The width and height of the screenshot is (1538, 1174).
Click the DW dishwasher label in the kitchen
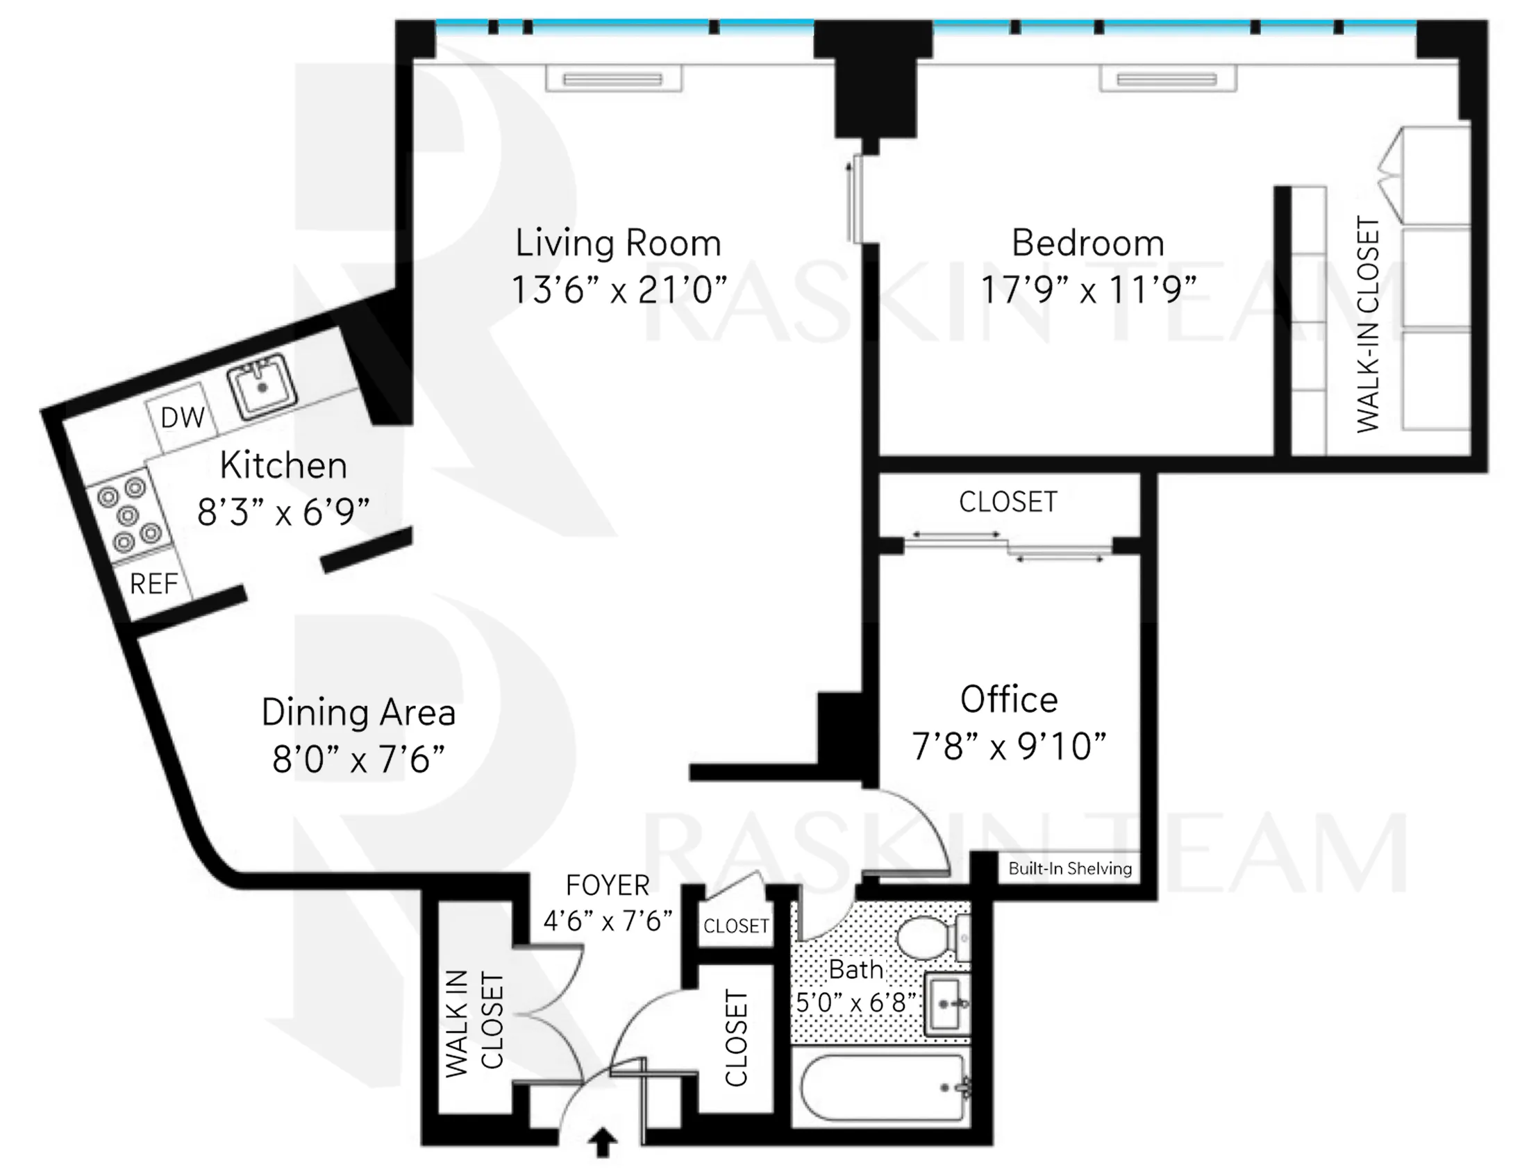point(183,418)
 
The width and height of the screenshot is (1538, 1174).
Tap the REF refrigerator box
point(153,583)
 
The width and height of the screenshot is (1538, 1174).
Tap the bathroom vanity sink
point(947,1004)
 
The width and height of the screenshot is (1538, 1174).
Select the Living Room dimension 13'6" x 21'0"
point(619,290)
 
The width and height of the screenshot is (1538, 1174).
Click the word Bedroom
point(1088,243)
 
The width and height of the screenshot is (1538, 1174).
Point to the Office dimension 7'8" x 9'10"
point(1009,746)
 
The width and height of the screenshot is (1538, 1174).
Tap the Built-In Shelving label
point(1070,869)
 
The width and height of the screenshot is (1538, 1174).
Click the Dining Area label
point(358,713)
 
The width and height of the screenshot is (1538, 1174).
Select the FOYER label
point(608,885)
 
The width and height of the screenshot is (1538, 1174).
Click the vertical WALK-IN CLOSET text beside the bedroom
point(1368,324)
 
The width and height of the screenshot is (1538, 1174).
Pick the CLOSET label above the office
point(1008,502)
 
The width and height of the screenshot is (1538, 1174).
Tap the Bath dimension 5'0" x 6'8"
point(855,1003)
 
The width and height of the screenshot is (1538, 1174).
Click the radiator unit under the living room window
point(613,79)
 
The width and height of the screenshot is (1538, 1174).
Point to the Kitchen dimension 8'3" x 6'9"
point(283,512)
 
